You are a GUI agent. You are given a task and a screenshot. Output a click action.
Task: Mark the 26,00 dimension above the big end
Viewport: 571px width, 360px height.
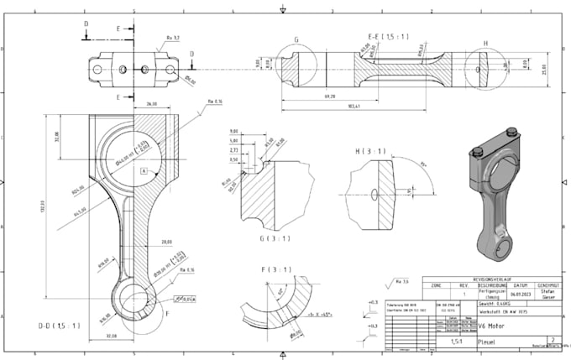pyautogui.click(x=152, y=103)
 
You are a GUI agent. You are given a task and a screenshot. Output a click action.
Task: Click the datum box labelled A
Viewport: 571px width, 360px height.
pyautogui.click(x=144, y=170)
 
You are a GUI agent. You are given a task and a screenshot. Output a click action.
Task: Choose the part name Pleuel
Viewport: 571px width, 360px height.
pyautogui.click(x=487, y=342)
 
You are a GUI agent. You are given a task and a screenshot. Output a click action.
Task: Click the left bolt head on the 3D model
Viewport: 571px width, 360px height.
pyautogui.click(x=479, y=152)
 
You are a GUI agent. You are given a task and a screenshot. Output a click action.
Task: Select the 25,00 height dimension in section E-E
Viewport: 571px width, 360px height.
pyautogui.click(x=544, y=68)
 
